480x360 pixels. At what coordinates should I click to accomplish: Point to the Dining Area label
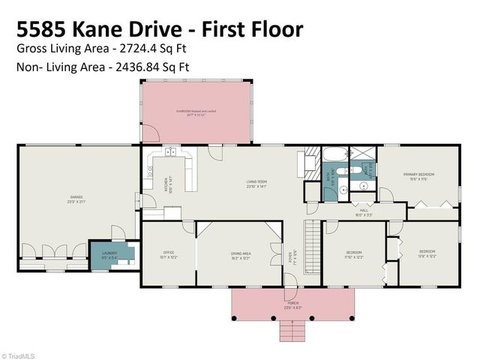[241, 255]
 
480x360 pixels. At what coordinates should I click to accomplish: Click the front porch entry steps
[292, 328]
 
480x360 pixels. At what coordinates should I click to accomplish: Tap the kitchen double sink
[171, 153]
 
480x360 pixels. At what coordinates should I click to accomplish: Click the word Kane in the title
[107, 29]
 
